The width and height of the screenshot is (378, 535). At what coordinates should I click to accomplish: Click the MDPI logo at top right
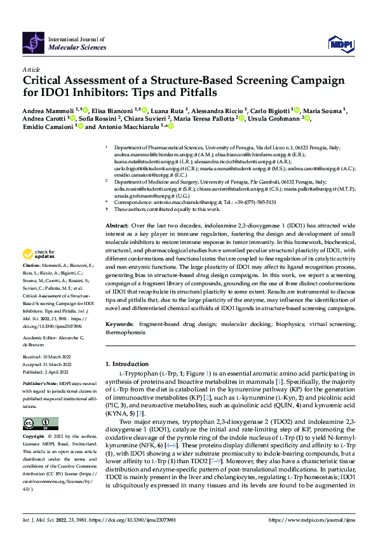pos(339,43)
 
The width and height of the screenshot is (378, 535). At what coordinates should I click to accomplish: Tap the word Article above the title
pos(30,69)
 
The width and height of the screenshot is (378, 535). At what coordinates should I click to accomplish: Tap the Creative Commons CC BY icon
pos(37,423)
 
